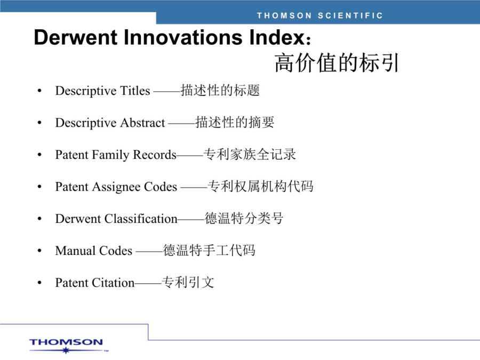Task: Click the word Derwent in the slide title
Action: click(x=76, y=37)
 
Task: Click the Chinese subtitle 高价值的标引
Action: click(x=337, y=63)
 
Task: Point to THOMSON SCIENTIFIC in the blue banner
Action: click(x=320, y=15)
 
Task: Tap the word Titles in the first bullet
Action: click(x=135, y=91)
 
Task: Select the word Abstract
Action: click(x=142, y=123)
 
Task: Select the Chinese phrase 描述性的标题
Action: click(x=220, y=90)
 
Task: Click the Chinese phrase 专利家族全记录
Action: click(x=250, y=154)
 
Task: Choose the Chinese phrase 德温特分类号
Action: click(x=244, y=218)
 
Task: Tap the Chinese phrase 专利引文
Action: click(x=188, y=282)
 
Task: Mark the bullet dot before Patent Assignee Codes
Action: click(x=39, y=187)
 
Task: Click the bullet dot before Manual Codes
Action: click(x=39, y=251)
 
